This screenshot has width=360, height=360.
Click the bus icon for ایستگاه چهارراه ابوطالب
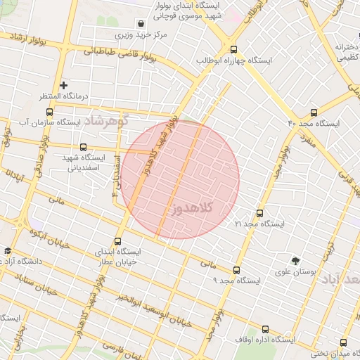[234, 49]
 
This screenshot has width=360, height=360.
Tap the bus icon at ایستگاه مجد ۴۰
[314, 112]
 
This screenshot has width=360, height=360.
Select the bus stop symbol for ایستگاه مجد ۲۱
[259, 212]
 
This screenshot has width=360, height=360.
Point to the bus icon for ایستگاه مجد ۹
[236, 269]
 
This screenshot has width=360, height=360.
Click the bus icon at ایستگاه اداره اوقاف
[265, 329]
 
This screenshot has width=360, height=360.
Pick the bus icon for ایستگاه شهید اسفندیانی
[84, 148]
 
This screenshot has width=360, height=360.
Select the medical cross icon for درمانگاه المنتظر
[63, 85]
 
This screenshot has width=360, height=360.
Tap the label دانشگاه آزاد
[34, 262]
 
